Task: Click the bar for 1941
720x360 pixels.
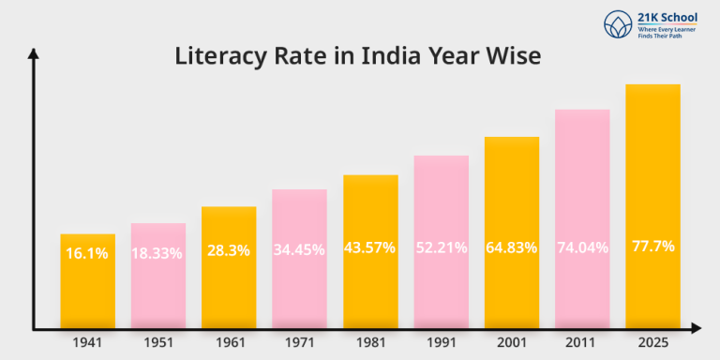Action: pyautogui.click(x=88, y=281)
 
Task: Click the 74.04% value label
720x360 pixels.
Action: pyautogui.click(x=582, y=247)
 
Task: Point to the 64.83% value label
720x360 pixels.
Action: pyautogui.click(x=512, y=247)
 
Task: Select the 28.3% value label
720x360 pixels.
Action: pyautogui.click(x=229, y=249)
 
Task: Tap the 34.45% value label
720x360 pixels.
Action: pyautogui.click(x=299, y=249)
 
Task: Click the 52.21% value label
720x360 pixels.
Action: pyautogui.click(x=441, y=248)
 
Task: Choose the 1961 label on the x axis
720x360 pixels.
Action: pyautogui.click(x=229, y=343)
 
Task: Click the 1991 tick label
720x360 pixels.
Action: pyautogui.click(x=441, y=343)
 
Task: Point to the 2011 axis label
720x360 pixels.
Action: pyautogui.click(x=582, y=343)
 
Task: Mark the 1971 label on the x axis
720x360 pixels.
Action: pyautogui.click(x=299, y=343)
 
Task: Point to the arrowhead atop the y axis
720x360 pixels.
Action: pyautogui.click(x=34, y=55)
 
